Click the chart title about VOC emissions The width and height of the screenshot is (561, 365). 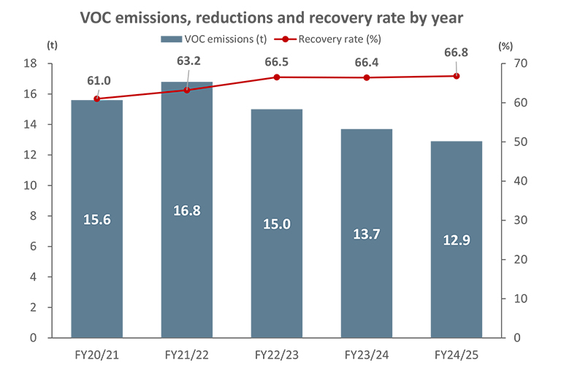(x=280, y=15)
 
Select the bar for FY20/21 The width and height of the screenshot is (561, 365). (x=96, y=219)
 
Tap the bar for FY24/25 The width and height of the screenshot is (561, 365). (x=457, y=241)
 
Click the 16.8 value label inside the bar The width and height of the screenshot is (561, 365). (x=186, y=211)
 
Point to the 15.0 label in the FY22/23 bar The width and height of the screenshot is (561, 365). (x=276, y=224)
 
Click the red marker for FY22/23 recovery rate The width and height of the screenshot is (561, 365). (x=277, y=77)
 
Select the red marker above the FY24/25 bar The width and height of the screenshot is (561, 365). (x=457, y=76)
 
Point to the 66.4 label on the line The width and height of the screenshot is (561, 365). (x=367, y=61)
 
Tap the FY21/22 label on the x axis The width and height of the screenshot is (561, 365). (x=186, y=354)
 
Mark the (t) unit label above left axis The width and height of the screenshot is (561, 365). (x=51, y=45)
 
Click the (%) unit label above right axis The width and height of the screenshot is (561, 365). (x=505, y=45)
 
